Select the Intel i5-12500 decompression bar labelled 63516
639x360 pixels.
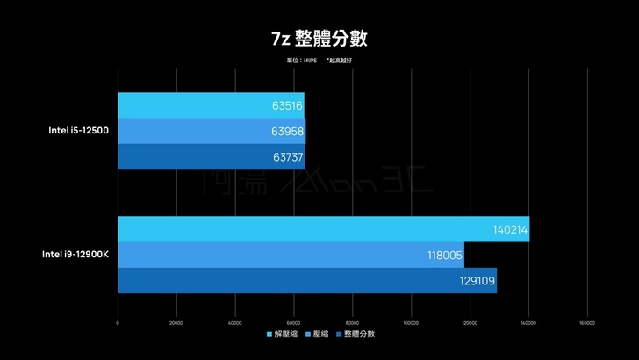pos(211,106)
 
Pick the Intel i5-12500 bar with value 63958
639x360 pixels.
pos(212,131)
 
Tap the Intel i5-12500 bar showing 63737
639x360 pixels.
pos(211,156)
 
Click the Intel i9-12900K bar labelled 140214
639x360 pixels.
pos(323,229)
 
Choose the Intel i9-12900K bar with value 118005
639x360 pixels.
pos(291,255)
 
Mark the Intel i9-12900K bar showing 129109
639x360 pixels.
pos(307,280)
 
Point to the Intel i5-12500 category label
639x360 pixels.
pos(78,131)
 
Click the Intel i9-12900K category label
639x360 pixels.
pos(75,255)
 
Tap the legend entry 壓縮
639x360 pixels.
pos(318,334)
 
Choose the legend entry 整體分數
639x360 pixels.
pos(355,334)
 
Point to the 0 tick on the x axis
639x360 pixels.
pos(118,322)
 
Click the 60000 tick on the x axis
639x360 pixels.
pos(293,322)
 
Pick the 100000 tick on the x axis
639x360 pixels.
pos(411,322)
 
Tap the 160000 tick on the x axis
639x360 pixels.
pos(586,322)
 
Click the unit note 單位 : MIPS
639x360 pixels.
pos(300,61)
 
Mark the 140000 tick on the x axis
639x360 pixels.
pos(528,322)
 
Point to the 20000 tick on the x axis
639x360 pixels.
pos(176,322)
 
